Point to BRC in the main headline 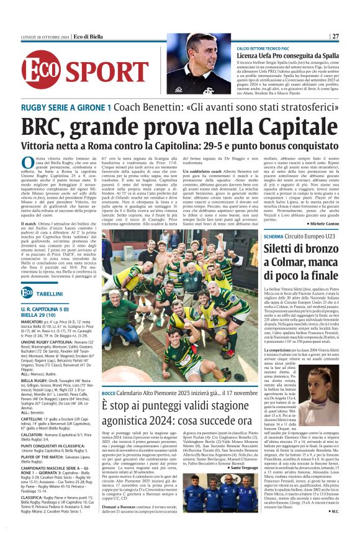click(47, 127)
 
